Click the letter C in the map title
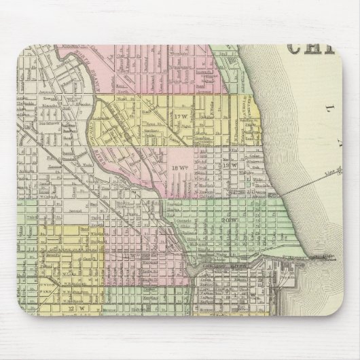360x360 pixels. coord(298,46)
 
